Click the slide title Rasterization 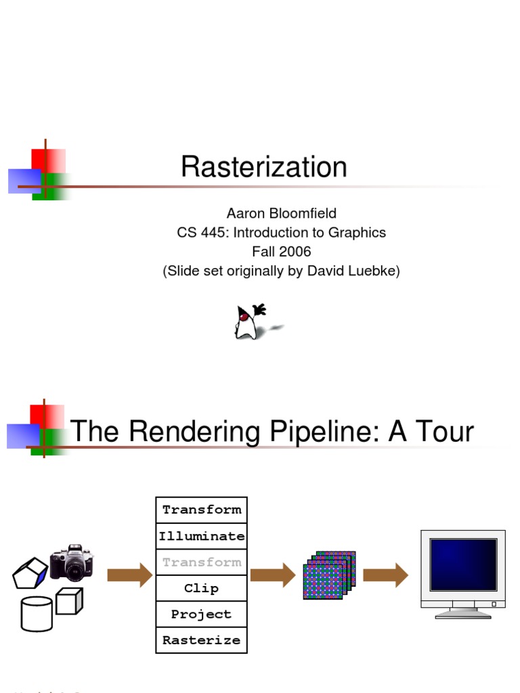point(263,167)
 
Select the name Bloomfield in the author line point(302,213)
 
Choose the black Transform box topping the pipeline point(201,510)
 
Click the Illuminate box point(201,536)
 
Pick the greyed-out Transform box point(201,562)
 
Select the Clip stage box point(201,588)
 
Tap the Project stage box point(201,614)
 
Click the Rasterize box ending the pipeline point(201,640)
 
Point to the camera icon point(72,562)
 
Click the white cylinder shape point(37,614)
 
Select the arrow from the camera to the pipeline point(129,575)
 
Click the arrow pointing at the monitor point(385,575)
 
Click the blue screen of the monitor point(463,564)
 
